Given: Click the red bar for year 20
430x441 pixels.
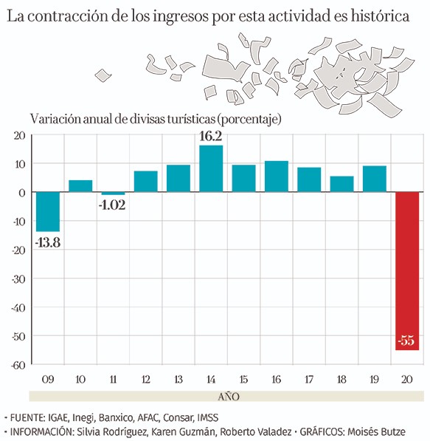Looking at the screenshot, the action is coord(407,271).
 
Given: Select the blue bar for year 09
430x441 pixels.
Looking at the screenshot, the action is coord(48,211).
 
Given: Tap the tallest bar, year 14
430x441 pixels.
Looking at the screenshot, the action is coord(211,168).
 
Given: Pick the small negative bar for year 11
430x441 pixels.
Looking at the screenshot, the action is coord(113,194).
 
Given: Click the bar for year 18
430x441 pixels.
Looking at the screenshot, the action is coord(341,184).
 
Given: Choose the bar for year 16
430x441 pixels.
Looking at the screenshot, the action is coord(277,177).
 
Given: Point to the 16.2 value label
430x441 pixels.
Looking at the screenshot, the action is coord(211,137).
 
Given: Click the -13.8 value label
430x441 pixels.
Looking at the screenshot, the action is coord(48,242).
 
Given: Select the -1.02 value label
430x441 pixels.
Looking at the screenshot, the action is coord(112,205).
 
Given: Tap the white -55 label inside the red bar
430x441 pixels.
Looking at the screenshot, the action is coord(406,341).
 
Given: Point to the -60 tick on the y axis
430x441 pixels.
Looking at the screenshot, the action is coord(18,366).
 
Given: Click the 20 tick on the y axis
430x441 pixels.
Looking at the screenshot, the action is coord(20,136).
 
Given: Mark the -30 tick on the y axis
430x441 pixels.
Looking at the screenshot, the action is coord(18,279).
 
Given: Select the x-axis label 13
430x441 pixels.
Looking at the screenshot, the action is coord(178,380).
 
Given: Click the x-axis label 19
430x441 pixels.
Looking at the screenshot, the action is coord(374,380).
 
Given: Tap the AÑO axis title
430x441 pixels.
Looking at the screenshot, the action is coord(229,397).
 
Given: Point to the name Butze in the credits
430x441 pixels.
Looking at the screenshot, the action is coord(393,431).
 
